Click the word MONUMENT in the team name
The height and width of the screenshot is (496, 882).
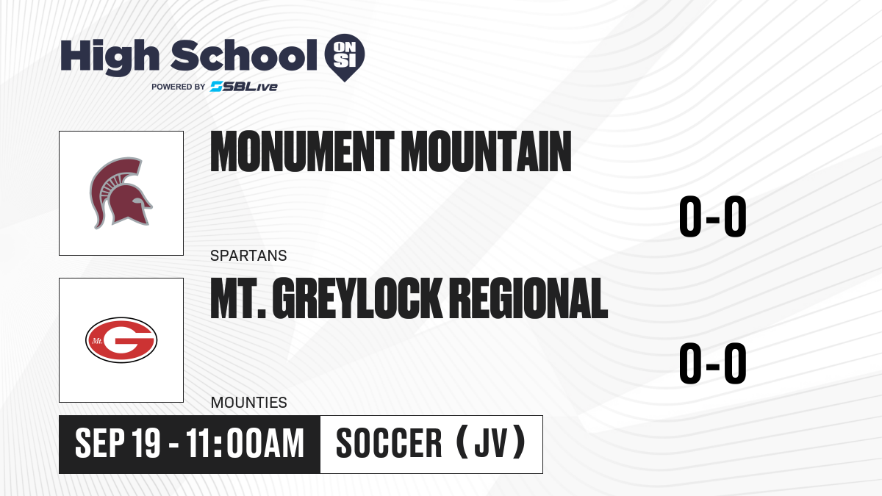[x=302, y=151]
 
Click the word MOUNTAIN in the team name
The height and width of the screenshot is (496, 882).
[x=487, y=151]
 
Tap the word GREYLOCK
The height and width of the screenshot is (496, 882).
[x=357, y=298]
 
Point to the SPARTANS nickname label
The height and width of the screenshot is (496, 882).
[x=248, y=256]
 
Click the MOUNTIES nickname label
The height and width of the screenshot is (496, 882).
[x=249, y=403]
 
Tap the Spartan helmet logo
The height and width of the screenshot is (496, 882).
[x=121, y=193]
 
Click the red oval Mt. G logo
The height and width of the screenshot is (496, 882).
[x=121, y=340]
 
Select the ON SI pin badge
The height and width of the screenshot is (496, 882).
[x=345, y=57]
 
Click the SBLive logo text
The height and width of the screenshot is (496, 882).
[x=244, y=86]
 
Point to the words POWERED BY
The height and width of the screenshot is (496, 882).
[x=179, y=87]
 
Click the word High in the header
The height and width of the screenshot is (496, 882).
[x=110, y=57]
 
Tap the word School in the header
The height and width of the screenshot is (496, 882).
[x=244, y=55]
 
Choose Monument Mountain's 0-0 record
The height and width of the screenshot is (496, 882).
[x=713, y=216]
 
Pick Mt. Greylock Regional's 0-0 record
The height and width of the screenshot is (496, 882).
[x=713, y=363]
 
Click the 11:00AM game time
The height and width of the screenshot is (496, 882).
[x=245, y=444]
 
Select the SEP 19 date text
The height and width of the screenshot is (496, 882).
[x=118, y=444]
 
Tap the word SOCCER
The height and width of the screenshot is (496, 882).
[x=389, y=444]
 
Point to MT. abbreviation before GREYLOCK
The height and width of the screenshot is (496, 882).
[x=238, y=298]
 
